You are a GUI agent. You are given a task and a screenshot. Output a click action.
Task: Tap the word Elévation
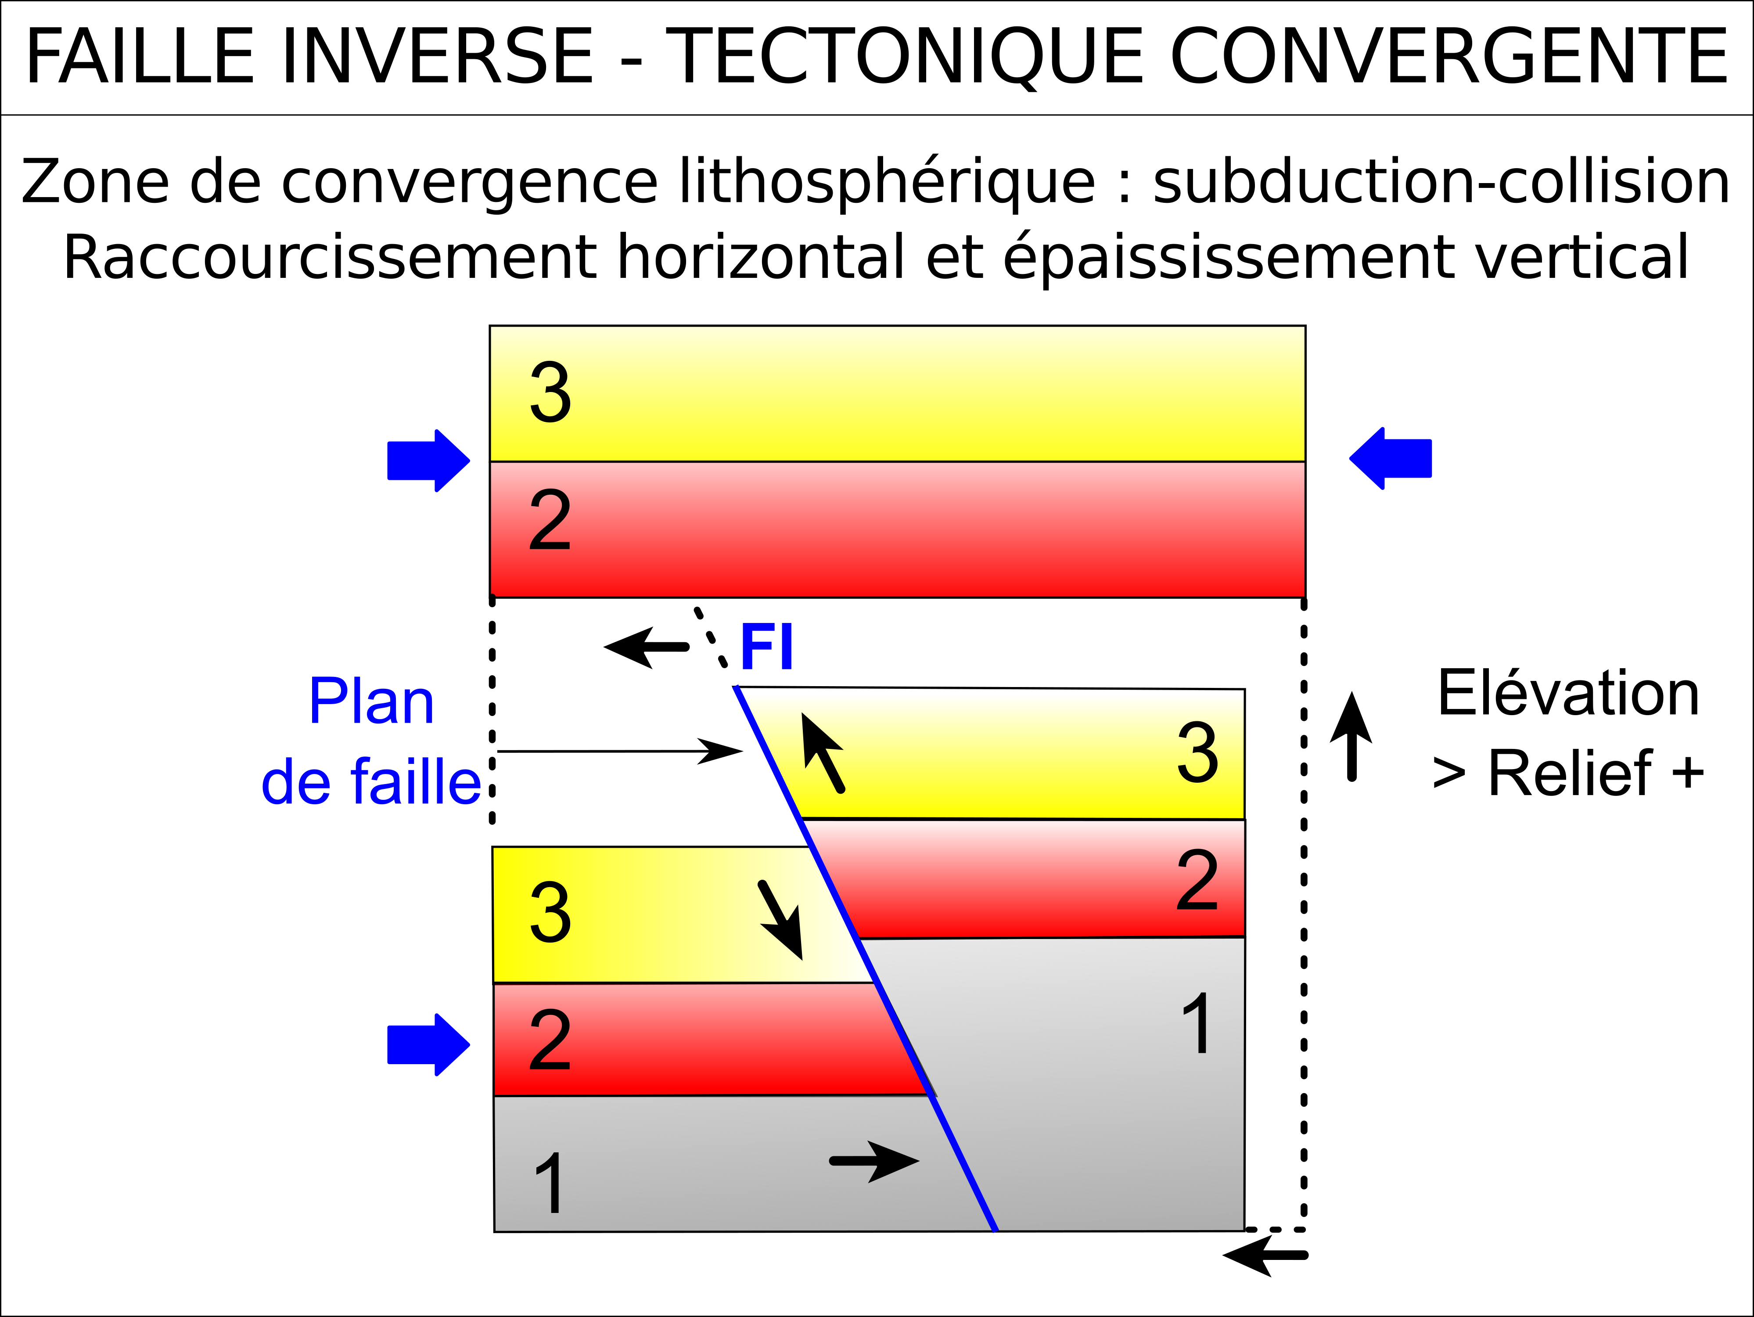1567,693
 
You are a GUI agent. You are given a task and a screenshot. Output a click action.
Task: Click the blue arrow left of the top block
428,461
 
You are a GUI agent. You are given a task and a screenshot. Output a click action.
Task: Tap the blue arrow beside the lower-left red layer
428,1044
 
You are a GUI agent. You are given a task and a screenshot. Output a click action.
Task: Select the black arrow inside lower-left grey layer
874,1161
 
